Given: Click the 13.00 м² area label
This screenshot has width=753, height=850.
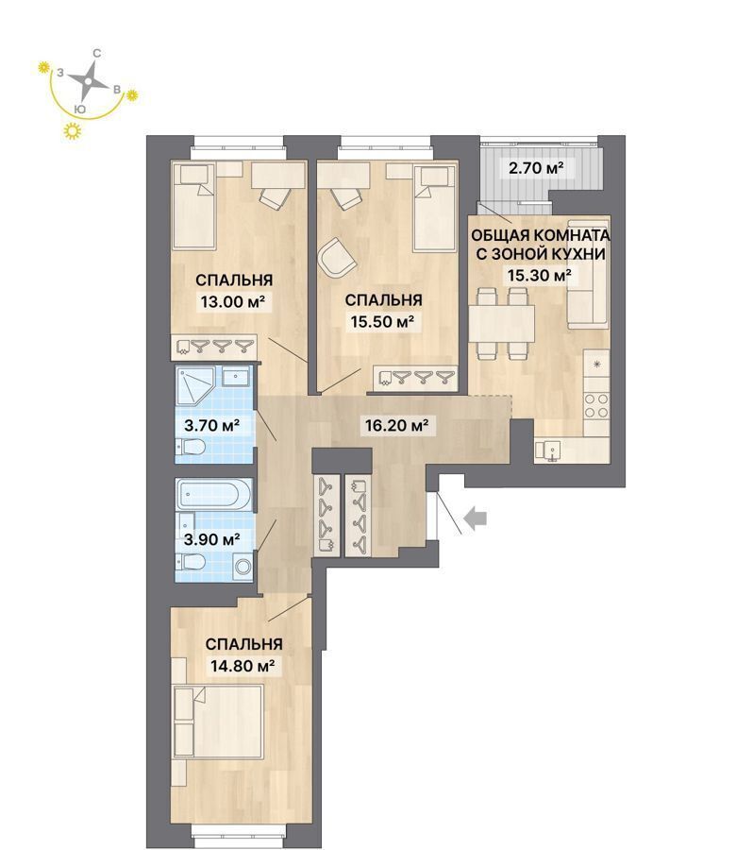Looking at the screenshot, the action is point(235,301).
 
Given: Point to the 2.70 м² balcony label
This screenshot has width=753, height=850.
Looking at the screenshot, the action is point(535,168).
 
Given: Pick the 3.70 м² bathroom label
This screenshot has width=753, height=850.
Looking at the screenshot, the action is point(212,425).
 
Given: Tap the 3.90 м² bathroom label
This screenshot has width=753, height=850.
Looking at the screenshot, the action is point(212,539).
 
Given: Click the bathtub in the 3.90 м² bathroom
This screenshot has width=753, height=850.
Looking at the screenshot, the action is point(214,495).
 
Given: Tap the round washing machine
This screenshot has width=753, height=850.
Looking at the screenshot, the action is point(243,567).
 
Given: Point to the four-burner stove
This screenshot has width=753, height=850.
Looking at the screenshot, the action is point(596,406).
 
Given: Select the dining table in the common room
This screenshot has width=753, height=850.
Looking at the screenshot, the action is point(502,324).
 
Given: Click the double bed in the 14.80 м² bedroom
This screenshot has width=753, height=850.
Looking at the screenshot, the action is point(218,721).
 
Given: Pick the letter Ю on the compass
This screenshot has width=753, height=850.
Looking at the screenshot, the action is point(80,109).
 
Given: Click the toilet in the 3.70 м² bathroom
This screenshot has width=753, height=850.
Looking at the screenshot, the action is point(190,448).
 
